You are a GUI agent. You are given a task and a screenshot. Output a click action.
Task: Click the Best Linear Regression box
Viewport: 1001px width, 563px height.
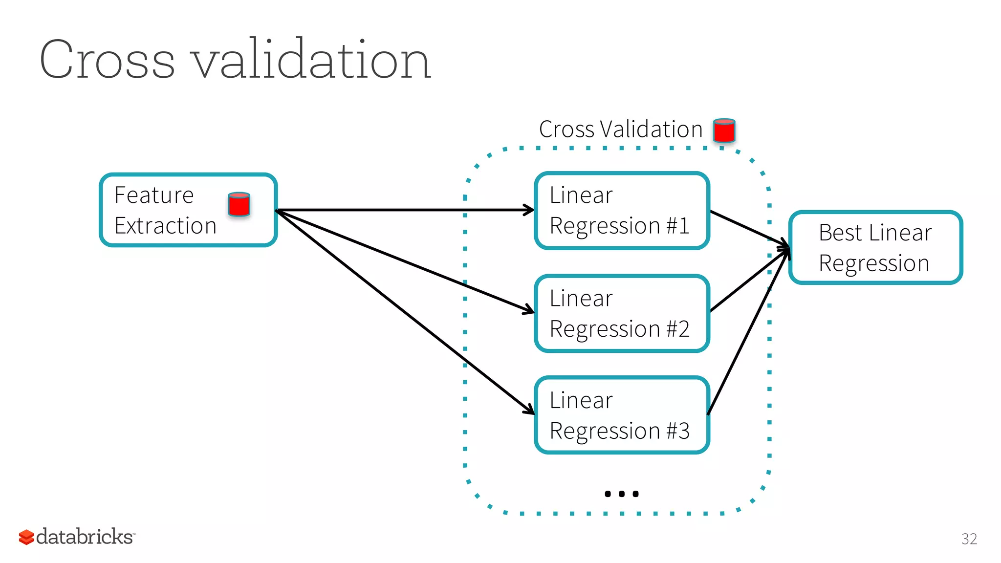(x=875, y=248)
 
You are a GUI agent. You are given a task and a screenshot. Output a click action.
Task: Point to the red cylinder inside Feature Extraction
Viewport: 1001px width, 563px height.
(x=239, y=204)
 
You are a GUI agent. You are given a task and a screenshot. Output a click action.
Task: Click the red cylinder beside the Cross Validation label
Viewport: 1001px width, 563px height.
(x=724, y=130)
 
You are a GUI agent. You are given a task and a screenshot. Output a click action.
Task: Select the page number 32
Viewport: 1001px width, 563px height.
(x=969, y=539)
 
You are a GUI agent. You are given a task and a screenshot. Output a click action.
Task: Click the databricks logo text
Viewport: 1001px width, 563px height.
(x=84, y=537)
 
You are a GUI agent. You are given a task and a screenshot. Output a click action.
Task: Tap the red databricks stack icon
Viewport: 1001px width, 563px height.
(x=26, y=537)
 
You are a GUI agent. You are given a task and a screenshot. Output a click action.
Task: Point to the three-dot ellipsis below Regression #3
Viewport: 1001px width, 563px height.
(x=621, y=494)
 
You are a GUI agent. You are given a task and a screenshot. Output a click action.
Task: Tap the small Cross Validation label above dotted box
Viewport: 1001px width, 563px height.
(x=620, y=130)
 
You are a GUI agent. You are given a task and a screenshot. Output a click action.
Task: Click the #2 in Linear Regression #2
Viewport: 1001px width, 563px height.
(x=677, y=329)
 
